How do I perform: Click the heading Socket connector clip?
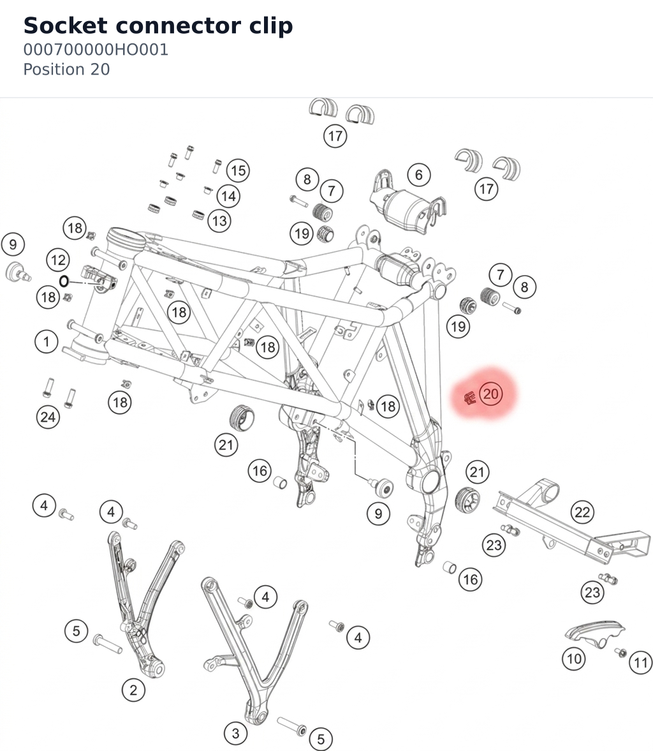point(158,26)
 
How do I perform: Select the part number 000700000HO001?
point(96,50)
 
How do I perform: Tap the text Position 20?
point(66,70)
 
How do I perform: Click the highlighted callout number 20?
point(491,394)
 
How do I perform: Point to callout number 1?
point(47,341)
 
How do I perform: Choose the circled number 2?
point(133,690)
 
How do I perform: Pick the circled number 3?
point(235,733)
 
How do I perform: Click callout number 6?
point(419,175)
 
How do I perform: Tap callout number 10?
point(574,659)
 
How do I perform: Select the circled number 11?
point(640,663)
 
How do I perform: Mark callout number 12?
point(58,260)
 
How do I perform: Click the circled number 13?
point(219,221)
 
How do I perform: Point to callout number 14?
point(228,196)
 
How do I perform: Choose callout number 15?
point(238,170)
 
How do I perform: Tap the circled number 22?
point(582,512)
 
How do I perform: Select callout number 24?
point(48,417)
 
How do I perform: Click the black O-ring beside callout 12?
point(64,281)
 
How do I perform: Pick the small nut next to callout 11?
point(621,652)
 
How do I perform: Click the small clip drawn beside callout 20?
point(470,397)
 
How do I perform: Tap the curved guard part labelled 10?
point(594,633)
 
